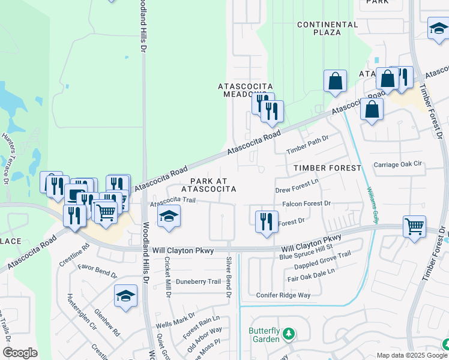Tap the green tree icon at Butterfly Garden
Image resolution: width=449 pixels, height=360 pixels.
(x=289, y=333)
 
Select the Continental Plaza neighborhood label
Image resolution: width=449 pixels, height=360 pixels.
(x=328, y=28)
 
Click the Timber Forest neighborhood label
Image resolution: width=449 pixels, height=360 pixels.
(x=327, y=168)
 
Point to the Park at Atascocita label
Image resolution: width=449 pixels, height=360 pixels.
(x=212, y=185)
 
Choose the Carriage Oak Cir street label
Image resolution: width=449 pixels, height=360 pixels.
(x=399, y=164)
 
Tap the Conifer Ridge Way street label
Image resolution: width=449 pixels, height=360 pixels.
(x=283, y=295)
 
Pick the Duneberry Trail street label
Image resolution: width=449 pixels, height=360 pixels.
(x=198, y=281)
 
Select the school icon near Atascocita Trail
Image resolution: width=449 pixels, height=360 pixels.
(x=169, y=216)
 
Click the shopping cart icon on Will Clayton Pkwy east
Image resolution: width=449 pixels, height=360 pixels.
(x=414, y=226)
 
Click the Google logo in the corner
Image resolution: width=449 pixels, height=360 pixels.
(x=20, y=353)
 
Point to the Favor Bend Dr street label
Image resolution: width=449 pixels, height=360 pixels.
(x=97, y=269)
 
